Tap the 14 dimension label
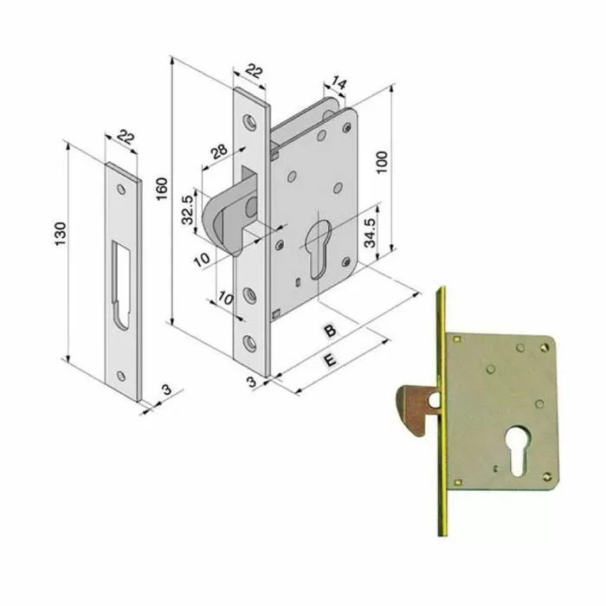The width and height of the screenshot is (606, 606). click(x=338, y=83)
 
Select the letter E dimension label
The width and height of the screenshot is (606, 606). click(x=329, y=362)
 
